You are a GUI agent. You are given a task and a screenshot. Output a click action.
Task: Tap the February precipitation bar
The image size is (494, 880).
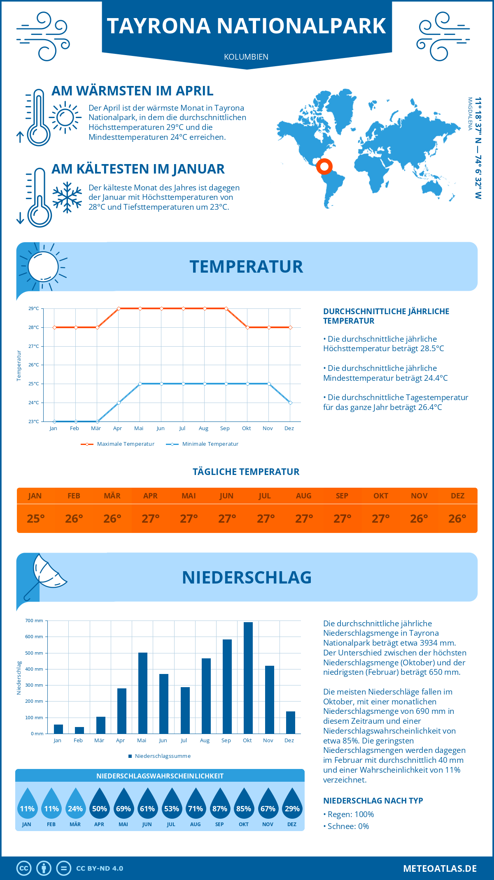pos(79,730)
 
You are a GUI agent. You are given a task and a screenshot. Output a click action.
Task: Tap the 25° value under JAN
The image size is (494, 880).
pos(35,519)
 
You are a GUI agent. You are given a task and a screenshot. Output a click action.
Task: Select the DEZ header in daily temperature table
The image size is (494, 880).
pos(457,496)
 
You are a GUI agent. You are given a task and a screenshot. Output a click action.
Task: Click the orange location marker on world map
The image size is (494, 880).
pos(324,166)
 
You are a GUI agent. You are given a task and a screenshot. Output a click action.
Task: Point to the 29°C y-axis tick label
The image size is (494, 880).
pos(34,308)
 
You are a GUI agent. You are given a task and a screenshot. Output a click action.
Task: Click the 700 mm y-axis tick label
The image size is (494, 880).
pos(34,621)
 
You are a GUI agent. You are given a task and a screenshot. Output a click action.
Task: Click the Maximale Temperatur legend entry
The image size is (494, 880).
pos(118,444)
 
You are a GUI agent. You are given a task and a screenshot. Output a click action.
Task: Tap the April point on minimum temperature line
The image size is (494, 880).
pos(119,403)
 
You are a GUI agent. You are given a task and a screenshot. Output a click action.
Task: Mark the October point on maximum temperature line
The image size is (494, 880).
pos(247,327)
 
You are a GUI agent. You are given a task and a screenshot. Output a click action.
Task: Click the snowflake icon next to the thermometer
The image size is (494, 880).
pos(67,197)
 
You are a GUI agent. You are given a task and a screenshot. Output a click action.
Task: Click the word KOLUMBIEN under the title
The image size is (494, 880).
pos(246,57)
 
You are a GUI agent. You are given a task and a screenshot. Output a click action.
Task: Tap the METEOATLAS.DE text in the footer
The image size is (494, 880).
pos(440,868)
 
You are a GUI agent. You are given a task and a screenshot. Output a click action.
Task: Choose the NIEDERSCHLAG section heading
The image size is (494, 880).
pos(247,577)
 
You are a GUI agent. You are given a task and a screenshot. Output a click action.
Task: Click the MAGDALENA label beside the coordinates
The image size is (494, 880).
pos(470,114)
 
